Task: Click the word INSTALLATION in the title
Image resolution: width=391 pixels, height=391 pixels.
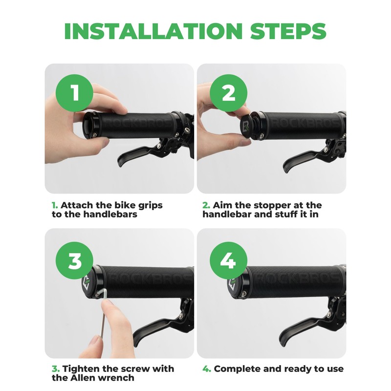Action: [x=153, y=31]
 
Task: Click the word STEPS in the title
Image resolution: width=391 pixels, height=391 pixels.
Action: [x=288, y=31]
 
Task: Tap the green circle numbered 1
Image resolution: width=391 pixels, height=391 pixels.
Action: [x=74, y=93]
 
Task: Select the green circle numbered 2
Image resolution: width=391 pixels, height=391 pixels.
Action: [x=228, y=93]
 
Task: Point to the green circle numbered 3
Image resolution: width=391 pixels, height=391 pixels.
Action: [x=74, y=261]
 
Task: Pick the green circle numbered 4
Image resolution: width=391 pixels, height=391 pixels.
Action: [x=228, y=261]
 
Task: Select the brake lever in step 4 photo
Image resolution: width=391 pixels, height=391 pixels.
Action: [x=302, y=329]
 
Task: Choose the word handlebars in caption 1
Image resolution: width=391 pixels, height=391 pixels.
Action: [x=110, y=214]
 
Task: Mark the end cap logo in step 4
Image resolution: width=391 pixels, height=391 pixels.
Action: [x=233, y=284]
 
